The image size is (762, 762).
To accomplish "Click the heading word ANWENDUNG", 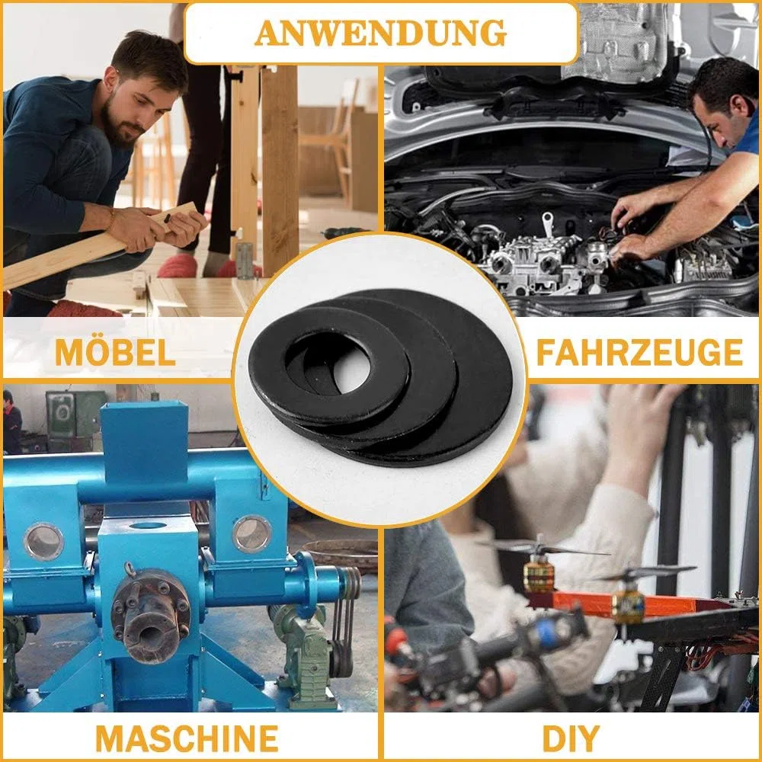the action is pyautogui.click(x=380, y=33).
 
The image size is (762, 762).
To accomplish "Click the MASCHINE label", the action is pyautogui.click(x=187, y=738).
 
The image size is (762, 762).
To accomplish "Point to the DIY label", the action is pyautogui.click(x=571, y=738).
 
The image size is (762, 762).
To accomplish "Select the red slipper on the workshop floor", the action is pyautogui.click(x=178, y=265).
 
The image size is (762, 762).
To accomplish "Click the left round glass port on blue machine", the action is pyautogui.click(x=43, y=541).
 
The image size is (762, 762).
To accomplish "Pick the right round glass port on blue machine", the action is pyautogui.click(x=251, y=533).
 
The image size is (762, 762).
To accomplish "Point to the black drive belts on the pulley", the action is pyautogui.click(x=346, y=622).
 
